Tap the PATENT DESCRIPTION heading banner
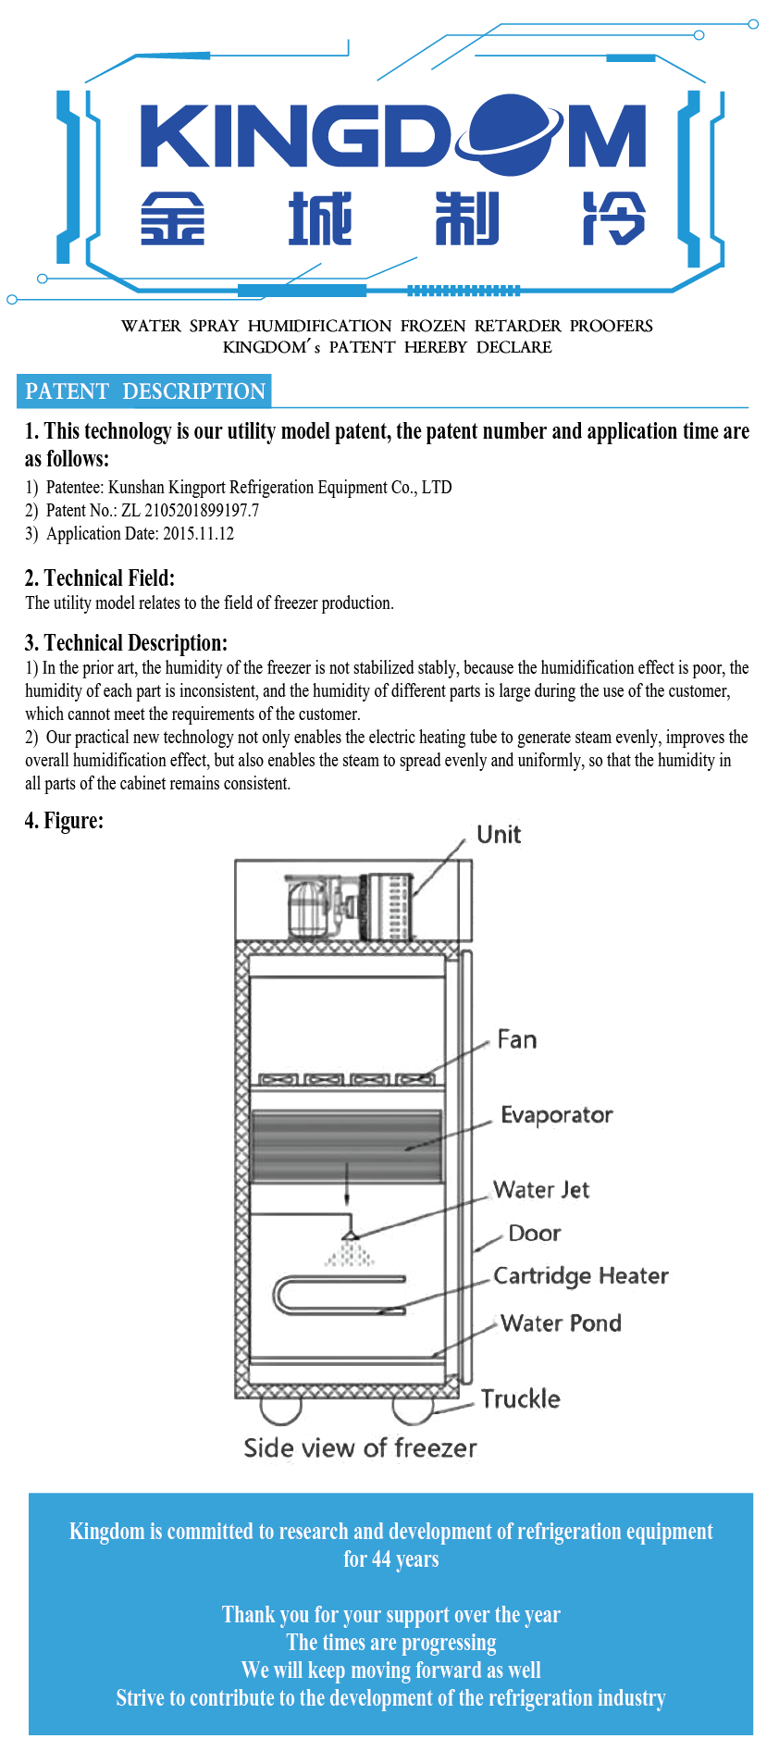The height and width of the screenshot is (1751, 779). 145,391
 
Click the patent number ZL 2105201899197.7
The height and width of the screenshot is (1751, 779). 190,510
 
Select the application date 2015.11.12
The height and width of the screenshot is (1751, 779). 198,533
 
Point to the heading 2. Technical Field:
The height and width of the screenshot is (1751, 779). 100,578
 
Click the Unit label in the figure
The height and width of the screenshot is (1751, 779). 499,835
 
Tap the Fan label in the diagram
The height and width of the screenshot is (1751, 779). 516,1040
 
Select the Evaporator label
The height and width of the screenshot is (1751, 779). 556,1115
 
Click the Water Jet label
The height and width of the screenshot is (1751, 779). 541,1190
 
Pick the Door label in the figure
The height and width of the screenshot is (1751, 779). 535,1234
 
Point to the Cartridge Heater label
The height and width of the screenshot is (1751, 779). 580,1276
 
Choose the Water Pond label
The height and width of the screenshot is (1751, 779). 561,1323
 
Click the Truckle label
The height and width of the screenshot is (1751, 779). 520,1398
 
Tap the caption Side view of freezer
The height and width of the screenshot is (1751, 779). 360,1448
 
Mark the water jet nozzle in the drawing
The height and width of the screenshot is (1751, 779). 349,1235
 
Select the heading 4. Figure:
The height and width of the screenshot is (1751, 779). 65,821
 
